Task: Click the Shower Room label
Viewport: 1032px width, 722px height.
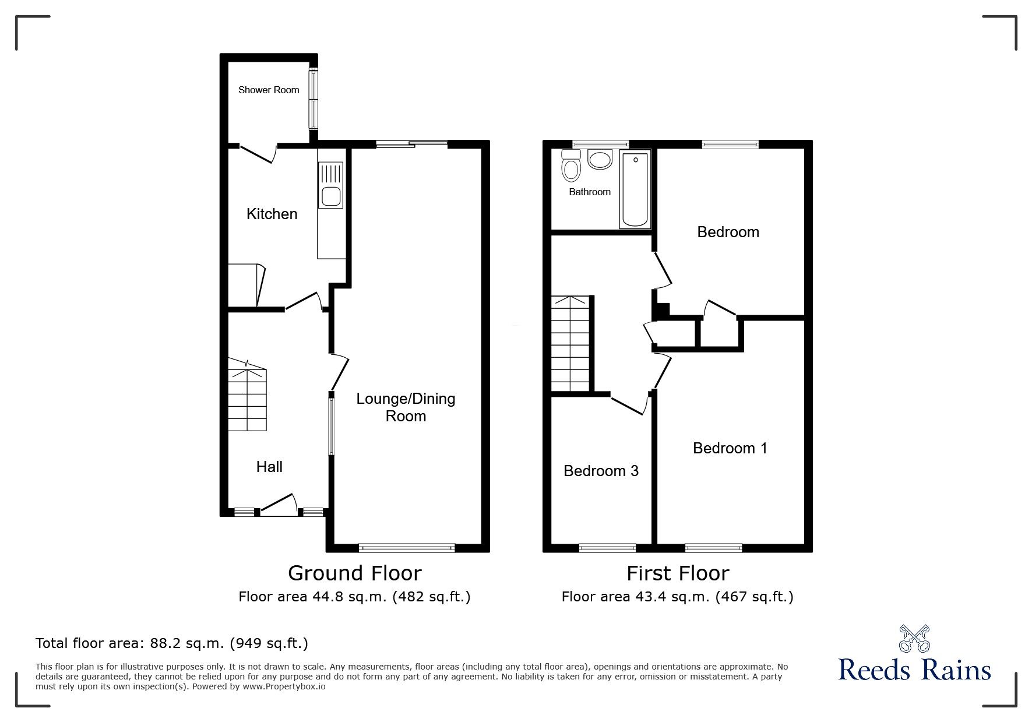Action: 269,90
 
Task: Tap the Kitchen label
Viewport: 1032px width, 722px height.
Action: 272,214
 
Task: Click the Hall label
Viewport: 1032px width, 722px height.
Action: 269,466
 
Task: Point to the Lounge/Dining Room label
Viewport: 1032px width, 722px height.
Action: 406,407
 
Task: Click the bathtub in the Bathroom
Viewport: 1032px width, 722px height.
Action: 635,189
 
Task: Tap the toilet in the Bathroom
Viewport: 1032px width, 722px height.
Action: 570,164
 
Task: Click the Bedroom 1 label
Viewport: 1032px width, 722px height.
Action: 730,448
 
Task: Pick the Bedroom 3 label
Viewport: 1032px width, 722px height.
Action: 601,470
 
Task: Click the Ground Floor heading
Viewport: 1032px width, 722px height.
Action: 354,573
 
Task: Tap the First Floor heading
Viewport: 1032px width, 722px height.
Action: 678,573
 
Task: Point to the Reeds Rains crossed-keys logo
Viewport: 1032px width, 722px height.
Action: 915,638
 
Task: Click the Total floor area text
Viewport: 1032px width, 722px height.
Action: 172,643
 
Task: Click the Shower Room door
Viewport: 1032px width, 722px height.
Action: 258,153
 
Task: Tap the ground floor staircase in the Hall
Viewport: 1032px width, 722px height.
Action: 247,395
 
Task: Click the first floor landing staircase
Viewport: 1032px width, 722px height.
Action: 571,343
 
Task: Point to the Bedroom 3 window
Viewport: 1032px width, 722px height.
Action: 607,547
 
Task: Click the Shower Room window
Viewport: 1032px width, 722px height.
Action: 314,98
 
